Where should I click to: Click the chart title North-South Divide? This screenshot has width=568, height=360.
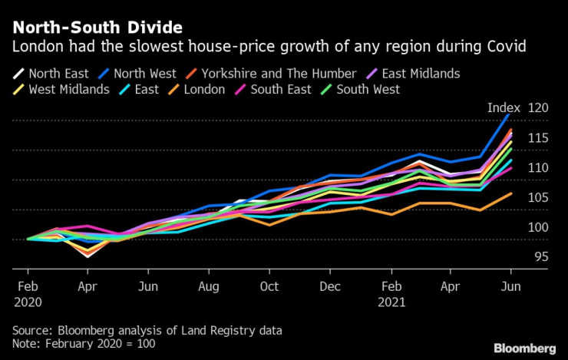pos(97,28)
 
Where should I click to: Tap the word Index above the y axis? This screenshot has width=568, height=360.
pos(504,107)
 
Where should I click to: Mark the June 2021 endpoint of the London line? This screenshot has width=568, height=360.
pos(511,193)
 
